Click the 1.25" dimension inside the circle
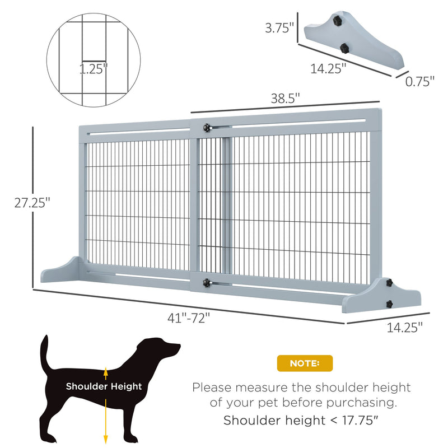tap(93, 70)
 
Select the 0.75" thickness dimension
tap(420, 81)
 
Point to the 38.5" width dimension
tap(286, 97)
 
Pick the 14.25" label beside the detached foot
tap(329, 68)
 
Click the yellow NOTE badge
tap(305, 363)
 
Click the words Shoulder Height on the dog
tap(104, 386)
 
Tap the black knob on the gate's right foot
tap(389, 304)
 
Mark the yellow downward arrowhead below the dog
tap(106, 440)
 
